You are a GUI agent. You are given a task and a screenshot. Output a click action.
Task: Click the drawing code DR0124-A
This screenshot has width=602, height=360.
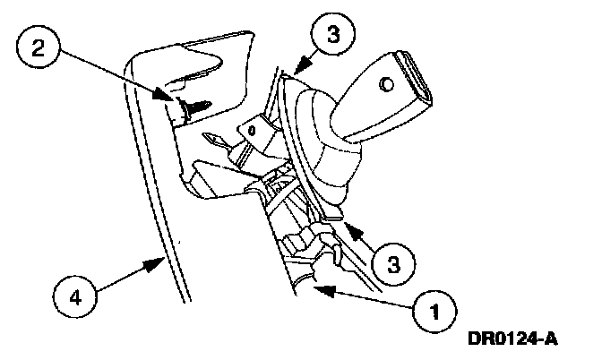coord(512,339)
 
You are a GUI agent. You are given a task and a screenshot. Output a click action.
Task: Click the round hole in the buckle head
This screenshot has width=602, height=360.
coord(385,84)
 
